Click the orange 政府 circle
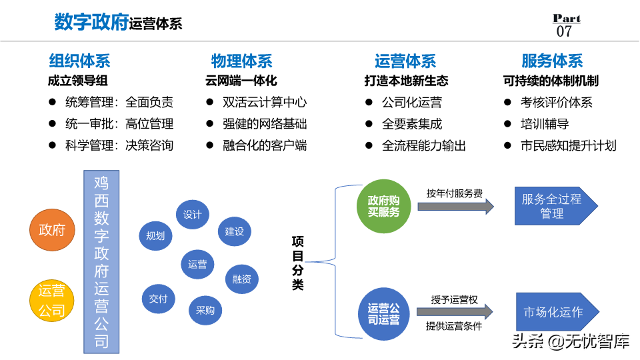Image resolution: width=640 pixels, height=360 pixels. click(x=52, y=230)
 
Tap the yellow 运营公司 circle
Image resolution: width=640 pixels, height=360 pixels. click(x=52, y=301)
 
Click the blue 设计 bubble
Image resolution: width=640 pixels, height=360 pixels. click(x=192, y=215)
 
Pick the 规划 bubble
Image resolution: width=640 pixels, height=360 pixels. click(x=155, y=235)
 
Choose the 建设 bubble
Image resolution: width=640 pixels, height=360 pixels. click(x=234, y=231)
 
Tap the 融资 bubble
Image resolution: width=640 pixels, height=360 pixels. click(x=241, y=279)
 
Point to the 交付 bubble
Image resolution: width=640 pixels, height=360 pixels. click(x=159, y=299)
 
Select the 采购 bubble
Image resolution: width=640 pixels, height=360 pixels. click(x=205, y=309)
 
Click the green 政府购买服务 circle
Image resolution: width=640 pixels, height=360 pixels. click(x=383, y=206)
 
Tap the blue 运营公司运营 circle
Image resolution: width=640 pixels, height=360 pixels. click(x=383, y=314)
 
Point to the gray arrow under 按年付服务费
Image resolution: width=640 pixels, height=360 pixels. click(x=455, y=207)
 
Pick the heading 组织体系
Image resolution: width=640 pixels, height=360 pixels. click(x=79, y=61)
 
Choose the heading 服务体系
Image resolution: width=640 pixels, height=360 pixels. click(x=552, y=61)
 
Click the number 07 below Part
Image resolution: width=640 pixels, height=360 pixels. click(x=564, y=31)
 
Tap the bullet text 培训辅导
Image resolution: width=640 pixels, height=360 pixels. click(x=544, y=124)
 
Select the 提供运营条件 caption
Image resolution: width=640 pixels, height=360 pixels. click(x=454, y=326)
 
